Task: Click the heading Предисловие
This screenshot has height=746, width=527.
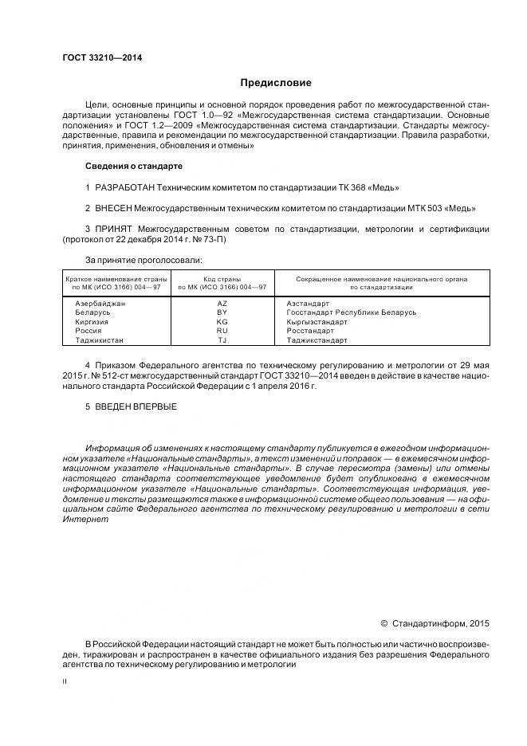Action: (276, 83)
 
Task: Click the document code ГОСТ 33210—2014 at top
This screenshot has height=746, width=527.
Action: (96, 57)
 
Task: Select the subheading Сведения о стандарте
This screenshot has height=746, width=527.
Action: (133, 166)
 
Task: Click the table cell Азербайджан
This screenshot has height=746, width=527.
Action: (100, 304)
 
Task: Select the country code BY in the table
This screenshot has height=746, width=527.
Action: (222, 312)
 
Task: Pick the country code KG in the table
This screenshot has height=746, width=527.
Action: (222, 322)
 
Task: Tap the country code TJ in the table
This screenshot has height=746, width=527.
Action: (222, 340)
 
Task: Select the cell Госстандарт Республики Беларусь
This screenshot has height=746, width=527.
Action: (351, 312)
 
